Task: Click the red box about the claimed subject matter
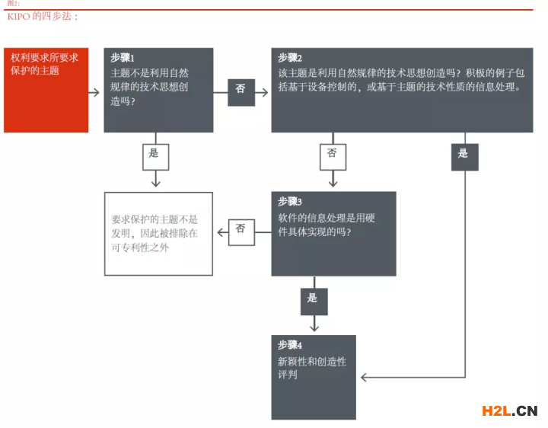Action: point(46,90)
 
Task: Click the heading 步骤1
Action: point(123,58)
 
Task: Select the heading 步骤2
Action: point(290,58)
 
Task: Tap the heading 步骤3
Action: point(290,201)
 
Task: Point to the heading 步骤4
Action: point(290,345)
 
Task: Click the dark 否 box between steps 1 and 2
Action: point(241,92)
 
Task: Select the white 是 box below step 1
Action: point(155,157)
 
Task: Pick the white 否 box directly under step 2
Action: point(333,157)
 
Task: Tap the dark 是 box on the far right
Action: point(465,157)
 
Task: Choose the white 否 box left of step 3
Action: point(241,232)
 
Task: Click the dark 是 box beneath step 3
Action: point(314,302)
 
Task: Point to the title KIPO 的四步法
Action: point(43,17)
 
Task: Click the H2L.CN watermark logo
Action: point(509,411)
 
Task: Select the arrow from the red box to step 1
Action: point(94,93)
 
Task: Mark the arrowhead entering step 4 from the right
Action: point(364,377)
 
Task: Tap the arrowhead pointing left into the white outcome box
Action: point(221,232)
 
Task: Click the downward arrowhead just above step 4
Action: point(314,328)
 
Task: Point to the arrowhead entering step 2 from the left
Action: point(265,92)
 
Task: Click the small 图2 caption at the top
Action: point(13,4)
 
